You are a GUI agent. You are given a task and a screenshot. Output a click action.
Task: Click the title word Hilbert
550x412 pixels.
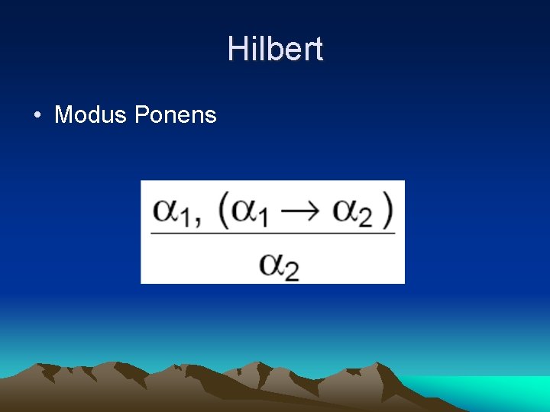point(275,50)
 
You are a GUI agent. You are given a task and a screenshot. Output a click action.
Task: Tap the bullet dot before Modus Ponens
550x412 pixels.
point(37,116)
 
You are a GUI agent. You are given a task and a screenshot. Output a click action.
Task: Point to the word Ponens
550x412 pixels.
point(176,115)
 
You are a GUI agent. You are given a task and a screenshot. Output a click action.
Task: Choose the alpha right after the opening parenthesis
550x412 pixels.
point(244,209)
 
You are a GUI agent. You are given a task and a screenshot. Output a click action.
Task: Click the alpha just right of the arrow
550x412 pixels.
point(347,209)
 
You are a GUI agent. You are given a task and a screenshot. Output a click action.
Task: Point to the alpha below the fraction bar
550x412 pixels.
point(271,262)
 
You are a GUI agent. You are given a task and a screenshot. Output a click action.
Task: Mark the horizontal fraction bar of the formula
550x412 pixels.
point(273,233)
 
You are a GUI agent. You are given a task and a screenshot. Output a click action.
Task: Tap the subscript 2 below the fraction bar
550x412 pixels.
point(291,272)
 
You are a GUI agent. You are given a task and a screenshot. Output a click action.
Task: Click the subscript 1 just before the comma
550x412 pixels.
point(186,217)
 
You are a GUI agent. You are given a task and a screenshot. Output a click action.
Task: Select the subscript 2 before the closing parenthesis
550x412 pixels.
point(365,218)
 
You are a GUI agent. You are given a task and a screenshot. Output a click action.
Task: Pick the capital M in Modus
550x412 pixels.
point(63,115)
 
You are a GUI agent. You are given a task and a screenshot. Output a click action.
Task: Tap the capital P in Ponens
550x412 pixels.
point(142,115)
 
